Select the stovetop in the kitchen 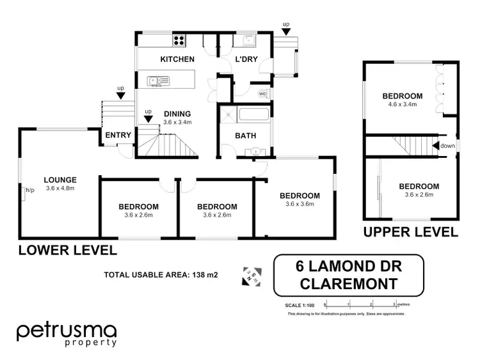point(179,40)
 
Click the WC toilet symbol point(262,94)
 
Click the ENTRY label point(118,135)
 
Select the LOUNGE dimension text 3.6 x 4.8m point(61,188)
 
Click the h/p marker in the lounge point(29,190)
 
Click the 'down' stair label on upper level point(447,146)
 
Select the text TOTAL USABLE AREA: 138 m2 point(161,276)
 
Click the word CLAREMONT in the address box point(348,283)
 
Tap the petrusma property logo point(67,334)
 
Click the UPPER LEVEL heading point(410,231)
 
